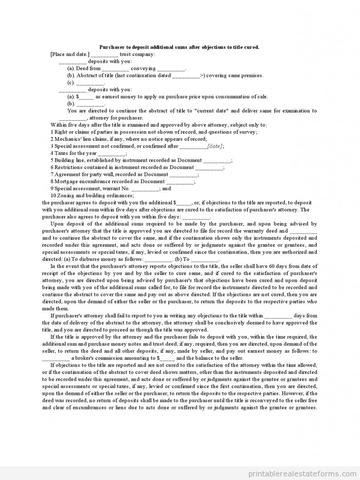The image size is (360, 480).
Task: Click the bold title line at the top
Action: click(179, 47)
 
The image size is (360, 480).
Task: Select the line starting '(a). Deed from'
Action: click(127, 68)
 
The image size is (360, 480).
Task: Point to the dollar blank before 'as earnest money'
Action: click(87, 97)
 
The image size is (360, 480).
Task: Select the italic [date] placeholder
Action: click(215, 146)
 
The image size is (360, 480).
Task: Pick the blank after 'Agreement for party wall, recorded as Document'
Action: click(184, 174)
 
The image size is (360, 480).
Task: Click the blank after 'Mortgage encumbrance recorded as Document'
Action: click(180, 182)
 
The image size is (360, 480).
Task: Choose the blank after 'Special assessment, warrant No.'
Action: click(145, 189)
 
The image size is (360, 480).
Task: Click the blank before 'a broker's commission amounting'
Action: click(56, 358)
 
